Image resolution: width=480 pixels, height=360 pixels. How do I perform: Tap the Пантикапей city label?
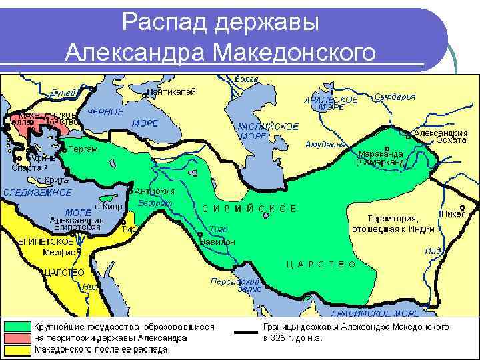coord(171,92)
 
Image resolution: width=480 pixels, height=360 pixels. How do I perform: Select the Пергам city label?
coord(83,149)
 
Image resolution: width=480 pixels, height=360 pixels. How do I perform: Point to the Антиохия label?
coord(154,191)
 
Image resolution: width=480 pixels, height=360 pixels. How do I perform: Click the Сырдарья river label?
coord(395,97)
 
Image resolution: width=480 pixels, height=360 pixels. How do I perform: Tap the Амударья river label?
coord(325,144)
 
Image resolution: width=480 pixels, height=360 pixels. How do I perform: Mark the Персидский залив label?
coord(227,285)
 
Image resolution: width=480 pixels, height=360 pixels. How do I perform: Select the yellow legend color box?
coord(18,349)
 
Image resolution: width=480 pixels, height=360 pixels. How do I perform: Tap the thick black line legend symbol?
coord(247,331)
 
